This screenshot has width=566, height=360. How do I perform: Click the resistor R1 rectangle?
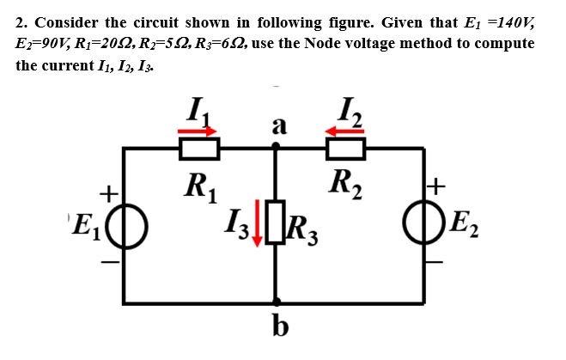198,149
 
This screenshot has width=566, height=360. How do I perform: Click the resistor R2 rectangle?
346,149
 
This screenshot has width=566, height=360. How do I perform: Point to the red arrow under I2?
346,130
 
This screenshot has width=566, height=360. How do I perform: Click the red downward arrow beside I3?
256,227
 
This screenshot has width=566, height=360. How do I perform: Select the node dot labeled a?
275,148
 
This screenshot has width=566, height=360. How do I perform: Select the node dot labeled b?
275,302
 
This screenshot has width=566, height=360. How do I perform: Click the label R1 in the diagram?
200,184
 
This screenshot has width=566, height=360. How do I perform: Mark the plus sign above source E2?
438,184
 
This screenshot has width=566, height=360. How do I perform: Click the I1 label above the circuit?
199,109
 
